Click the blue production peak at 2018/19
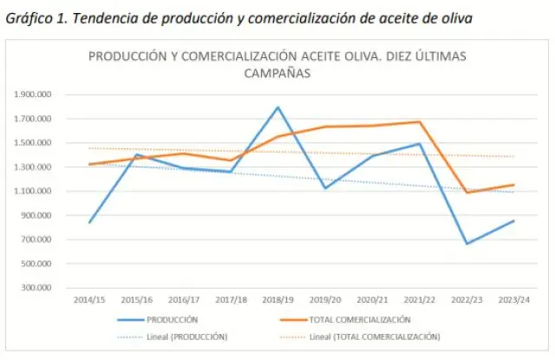pos(277,108)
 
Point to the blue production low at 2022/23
pos(467,244)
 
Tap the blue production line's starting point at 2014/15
pos(88,223)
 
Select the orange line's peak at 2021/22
pos(419,122)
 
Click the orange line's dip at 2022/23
pos(467,193)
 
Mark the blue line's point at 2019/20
pos(325,188)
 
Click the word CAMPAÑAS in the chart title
pos(277,74)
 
